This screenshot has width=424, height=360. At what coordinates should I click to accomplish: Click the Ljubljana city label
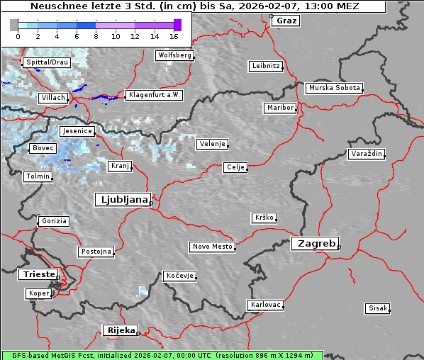[122, 200]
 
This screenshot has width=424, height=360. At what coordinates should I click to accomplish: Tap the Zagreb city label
[314, 243]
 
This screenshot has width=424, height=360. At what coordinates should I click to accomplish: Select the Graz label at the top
[286, 21]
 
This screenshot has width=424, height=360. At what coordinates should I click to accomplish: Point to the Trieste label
[35, 274]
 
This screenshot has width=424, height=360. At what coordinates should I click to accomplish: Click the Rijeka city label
[121, 330]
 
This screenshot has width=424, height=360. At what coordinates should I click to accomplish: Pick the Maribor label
[279, 108]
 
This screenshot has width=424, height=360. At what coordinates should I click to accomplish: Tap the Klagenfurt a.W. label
[154, 95]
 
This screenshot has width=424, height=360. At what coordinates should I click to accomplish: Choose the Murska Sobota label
[335, 89]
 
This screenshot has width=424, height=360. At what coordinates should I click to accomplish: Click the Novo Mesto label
[212, 247]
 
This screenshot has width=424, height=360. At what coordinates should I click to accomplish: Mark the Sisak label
[377, 308]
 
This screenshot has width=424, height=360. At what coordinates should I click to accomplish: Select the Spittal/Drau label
[47, 62]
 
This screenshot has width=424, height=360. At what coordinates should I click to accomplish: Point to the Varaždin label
[367, 154]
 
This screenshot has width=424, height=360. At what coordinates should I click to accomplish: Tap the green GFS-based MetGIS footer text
[162, 354]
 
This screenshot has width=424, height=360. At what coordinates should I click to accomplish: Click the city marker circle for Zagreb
[339, 247]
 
